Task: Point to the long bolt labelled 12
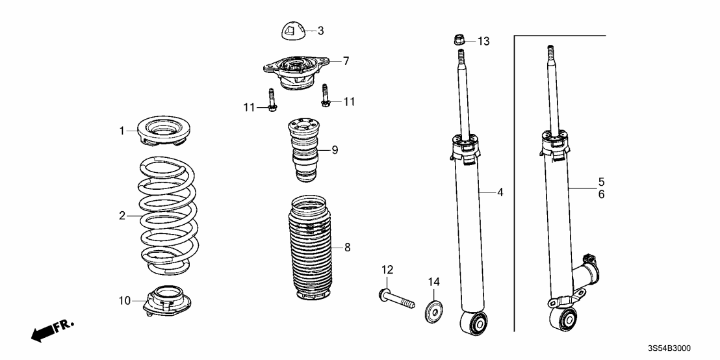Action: coord(396,298)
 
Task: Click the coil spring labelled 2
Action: coord(168,216)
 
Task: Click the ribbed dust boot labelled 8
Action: coord(310,249)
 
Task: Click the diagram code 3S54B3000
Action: coord(671,348)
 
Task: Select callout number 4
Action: coord(500,192)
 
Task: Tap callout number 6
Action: coord(602,194)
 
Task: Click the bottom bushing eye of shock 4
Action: coord(474,323)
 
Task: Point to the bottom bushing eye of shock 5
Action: coord(564,318)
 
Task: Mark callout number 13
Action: coord(483,42)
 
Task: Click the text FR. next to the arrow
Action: coord(64,326)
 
